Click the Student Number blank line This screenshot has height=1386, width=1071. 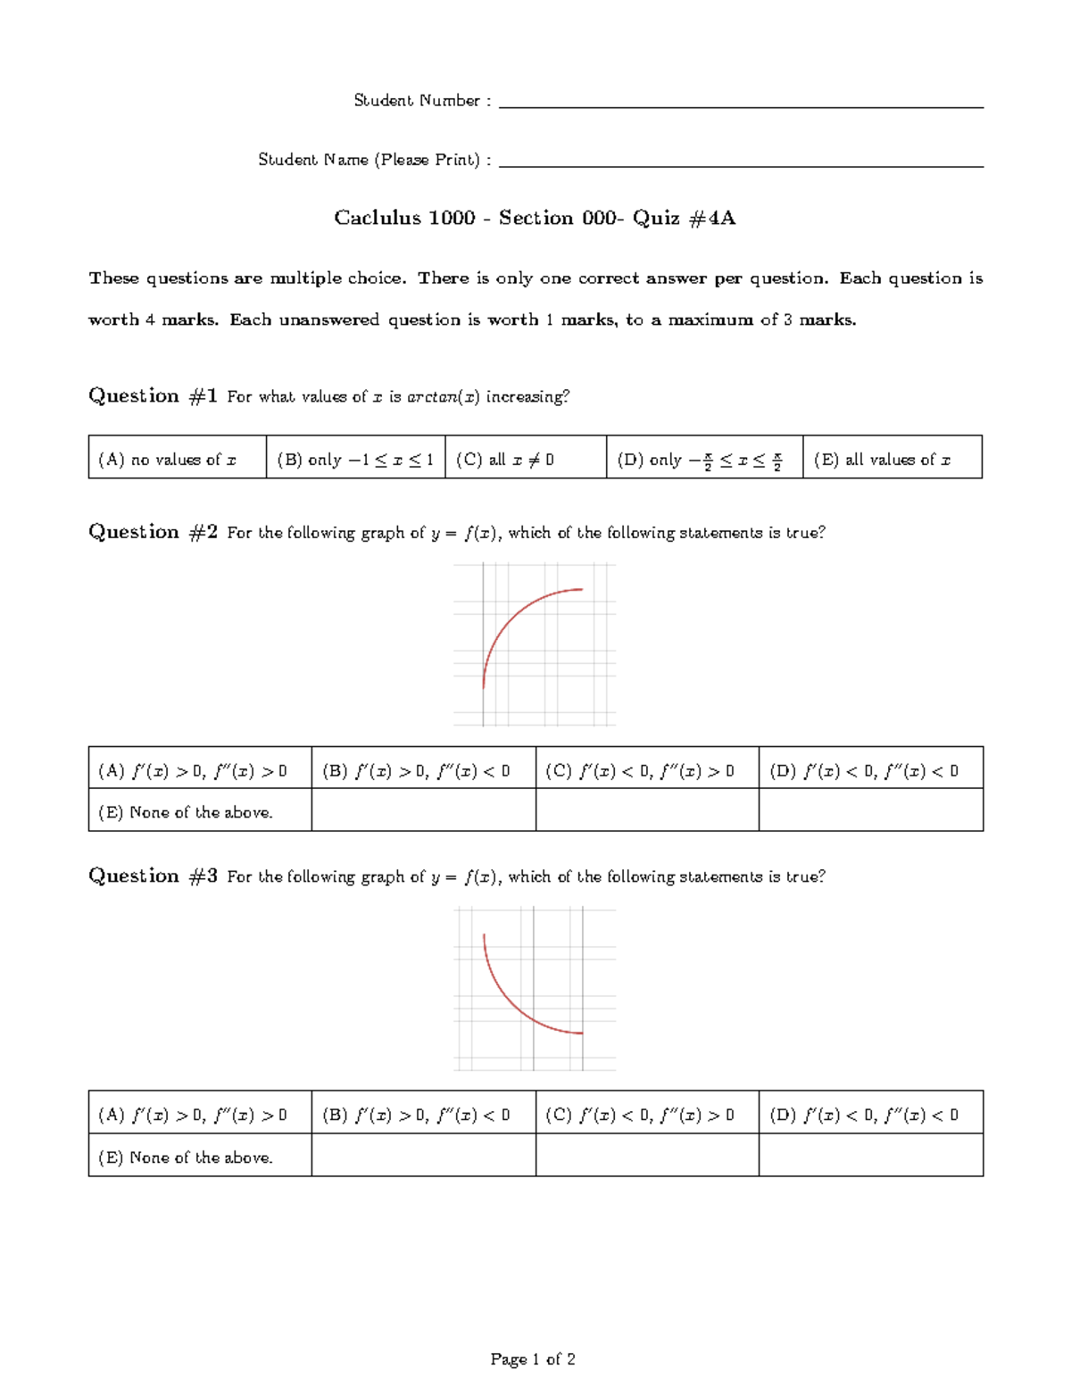(x=741, y=106)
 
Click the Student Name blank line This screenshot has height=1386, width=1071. (x=741, y=165)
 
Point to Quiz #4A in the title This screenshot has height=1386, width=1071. (x=684, y=218)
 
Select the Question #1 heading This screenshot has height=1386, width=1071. (x=153, y=396)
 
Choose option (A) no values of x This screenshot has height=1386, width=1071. (x=168, y=460)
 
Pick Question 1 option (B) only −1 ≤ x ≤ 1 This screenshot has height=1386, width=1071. (x=355, y=460)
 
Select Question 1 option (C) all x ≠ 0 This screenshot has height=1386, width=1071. (x=505, y=460)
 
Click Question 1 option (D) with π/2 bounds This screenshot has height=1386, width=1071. (x=700, y=460)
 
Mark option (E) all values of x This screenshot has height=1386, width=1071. (x=882, y=460)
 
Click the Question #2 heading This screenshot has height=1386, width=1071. (x=153, y=533)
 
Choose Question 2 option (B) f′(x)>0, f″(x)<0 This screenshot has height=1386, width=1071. (x=416, y=771)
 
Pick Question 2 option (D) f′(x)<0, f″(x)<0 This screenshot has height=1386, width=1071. (x=864, y=771)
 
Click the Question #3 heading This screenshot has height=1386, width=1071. (x=153, y=876)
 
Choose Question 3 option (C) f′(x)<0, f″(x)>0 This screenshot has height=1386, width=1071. (x=640, y=1115)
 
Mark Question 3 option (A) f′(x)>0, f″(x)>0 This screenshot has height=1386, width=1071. (x=193, y=1115)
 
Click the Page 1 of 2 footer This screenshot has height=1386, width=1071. (x=533, y=1359)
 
